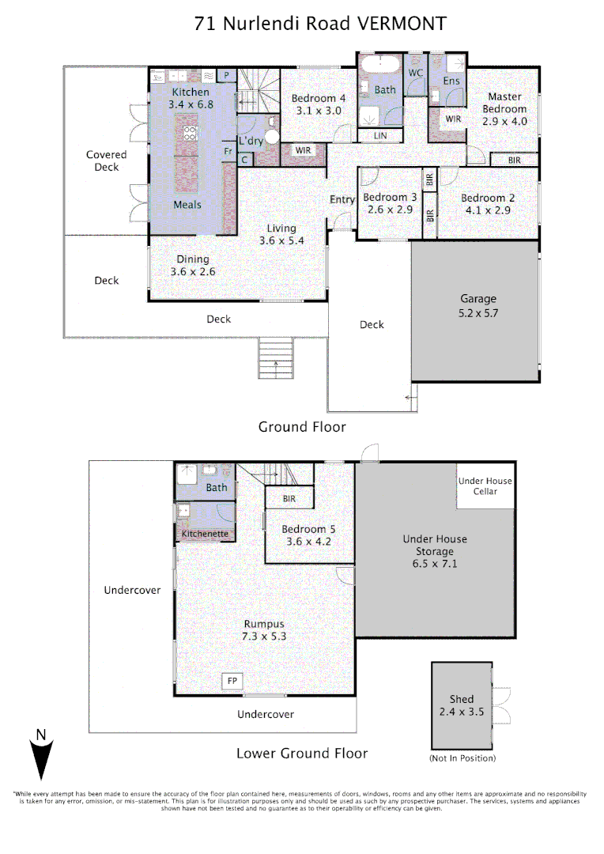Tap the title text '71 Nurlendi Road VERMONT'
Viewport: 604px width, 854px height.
(x=320, y=24)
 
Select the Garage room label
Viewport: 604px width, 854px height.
(x=478, y=305)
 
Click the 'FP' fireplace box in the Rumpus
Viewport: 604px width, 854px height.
(x=232, y=681)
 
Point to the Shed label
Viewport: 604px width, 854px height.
(x=462, y=705)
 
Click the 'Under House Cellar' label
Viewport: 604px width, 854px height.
(x=485, y=486)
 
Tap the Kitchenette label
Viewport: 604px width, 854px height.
(x=205, y=534)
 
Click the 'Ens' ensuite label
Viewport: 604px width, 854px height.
(x=451, y=81)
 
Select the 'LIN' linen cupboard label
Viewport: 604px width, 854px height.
(x=381, y=135)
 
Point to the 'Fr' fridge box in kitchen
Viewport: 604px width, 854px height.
(x=227, y=151)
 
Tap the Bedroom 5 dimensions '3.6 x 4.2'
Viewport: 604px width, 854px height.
(x=307, y=542)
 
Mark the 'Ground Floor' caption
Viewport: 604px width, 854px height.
(x=302, y=427)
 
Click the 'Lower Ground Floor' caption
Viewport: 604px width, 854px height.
(x=302, y=753)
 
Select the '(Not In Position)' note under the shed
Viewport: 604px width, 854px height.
(x=462, y=758)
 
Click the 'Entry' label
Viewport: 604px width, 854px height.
(x=342, y=199)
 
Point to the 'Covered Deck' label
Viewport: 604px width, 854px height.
(x=106, y=161)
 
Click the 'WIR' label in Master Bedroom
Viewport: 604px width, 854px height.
(x=453, y=119)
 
